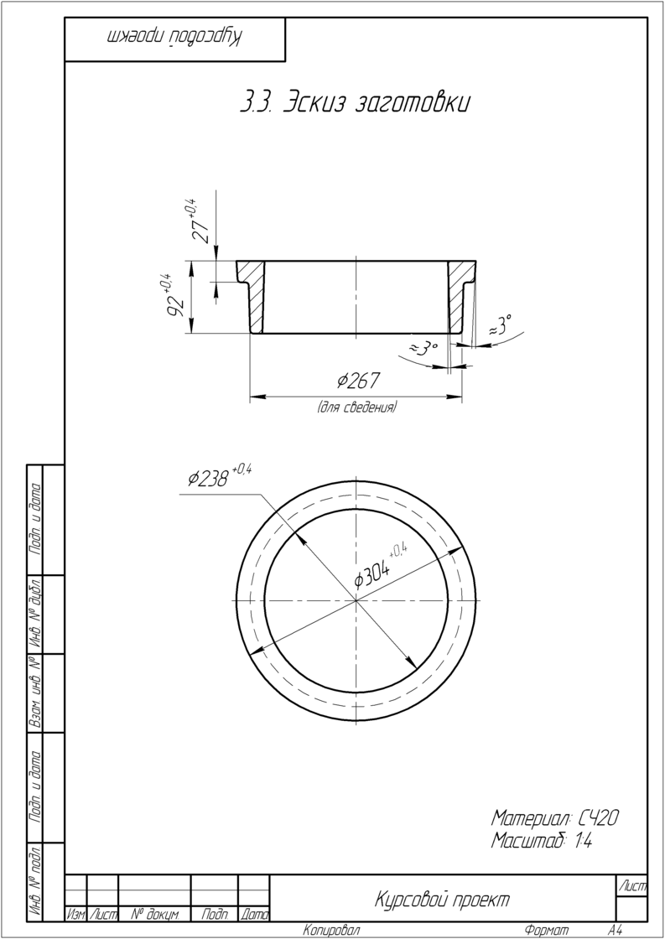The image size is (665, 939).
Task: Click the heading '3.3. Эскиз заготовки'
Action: tap(354, 101)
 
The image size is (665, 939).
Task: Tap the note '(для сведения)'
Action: tap(356, 408)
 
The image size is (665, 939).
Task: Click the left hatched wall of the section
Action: tap(255, 297)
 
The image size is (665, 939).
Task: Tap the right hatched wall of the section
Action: tap(460, 297)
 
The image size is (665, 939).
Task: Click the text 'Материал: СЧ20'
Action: tap(555, 817)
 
